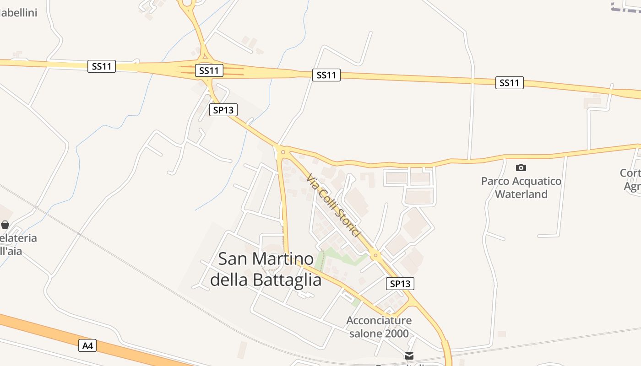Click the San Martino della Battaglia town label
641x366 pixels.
(266, 269)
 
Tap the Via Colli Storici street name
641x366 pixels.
(333, 205)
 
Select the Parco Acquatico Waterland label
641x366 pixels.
(521, 188)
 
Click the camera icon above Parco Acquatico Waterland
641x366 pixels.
(521, 168)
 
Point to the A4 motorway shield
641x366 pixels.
(87, 345)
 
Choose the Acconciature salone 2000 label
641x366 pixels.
(379, 327)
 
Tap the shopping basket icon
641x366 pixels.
(5, 225)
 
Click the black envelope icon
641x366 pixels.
(409, 355)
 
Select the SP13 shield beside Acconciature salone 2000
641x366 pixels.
(400, 284)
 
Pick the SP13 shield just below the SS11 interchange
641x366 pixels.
(223, 110)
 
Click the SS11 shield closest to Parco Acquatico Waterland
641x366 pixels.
(509, 83)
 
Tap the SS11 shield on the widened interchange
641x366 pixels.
(209, 70)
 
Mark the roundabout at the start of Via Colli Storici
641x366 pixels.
(283, 152)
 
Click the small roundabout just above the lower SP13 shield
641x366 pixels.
(375, 255)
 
